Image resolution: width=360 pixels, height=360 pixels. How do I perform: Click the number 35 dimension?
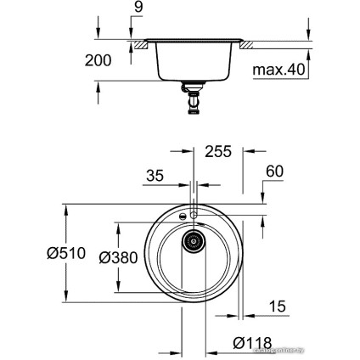click(155, 177)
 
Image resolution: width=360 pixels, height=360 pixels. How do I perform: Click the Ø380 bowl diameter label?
click(118, 257)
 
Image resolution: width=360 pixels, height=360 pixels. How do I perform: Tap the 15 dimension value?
click(277, 306)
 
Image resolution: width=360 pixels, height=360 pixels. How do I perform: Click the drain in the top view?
click(194, 242)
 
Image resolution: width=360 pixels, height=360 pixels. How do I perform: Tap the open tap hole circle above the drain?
click(194, 217)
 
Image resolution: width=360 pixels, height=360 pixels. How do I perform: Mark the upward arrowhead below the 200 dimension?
click(98, 86)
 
